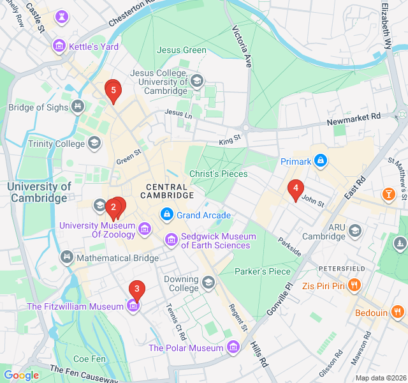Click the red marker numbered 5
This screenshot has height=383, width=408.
point(113,91)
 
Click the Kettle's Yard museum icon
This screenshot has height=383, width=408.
point(59,46)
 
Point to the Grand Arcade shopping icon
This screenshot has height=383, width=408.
point(167,215)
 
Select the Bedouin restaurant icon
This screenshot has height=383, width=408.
point(398,312)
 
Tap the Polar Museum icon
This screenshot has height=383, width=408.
point(233,348)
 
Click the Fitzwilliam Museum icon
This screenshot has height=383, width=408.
point(133,306)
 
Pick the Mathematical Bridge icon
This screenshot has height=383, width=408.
point(66,258)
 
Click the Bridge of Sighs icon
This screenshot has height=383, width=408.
point(78,107)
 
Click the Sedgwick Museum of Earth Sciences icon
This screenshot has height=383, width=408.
point(171,241)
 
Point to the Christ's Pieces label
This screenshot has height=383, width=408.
point(217,174)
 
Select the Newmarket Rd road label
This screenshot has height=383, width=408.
point(353,119)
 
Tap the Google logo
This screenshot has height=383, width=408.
point(21,375)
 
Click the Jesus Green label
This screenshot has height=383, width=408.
point(182,50)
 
